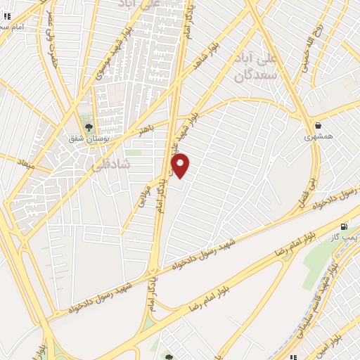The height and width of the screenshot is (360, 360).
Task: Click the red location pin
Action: click(x=181, y=165)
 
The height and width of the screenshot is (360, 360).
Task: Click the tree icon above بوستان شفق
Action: click(x=89, y=127)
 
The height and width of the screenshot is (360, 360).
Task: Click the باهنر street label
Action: click(x=146, y=129)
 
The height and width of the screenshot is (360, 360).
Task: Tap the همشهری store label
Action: click(x=316, y=138)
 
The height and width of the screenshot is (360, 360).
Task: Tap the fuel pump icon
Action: click(x=344, y=227)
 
